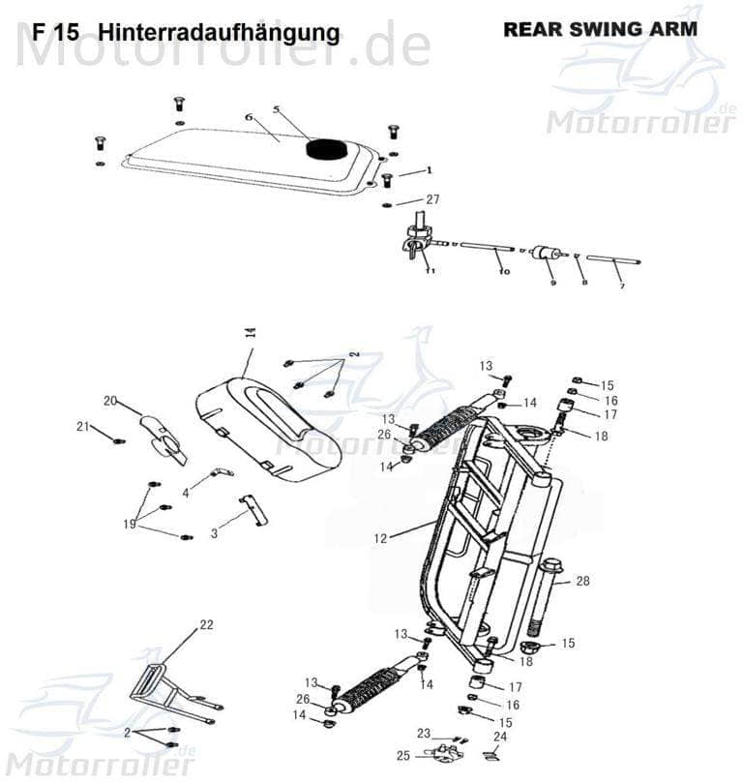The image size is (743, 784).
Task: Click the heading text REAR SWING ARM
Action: click(599, 29)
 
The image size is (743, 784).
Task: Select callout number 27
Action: click(432, 199)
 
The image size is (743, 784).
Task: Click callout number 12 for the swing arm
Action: click(380, 538)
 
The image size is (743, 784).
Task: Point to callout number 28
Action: click(582, 581)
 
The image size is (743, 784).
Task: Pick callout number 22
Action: click(205, 625)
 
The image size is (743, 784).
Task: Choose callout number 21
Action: click(83, 427)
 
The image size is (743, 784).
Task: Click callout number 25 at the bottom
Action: click(402, 755)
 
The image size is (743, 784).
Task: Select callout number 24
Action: click(500, 736)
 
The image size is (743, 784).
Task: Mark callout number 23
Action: click(423, 733)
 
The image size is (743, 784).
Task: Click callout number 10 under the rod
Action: click(503, 273)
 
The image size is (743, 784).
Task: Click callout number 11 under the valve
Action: click(430, 271)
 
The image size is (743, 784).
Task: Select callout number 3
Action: click(214, 533)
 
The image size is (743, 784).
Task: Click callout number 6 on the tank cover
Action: click(248, 117)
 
